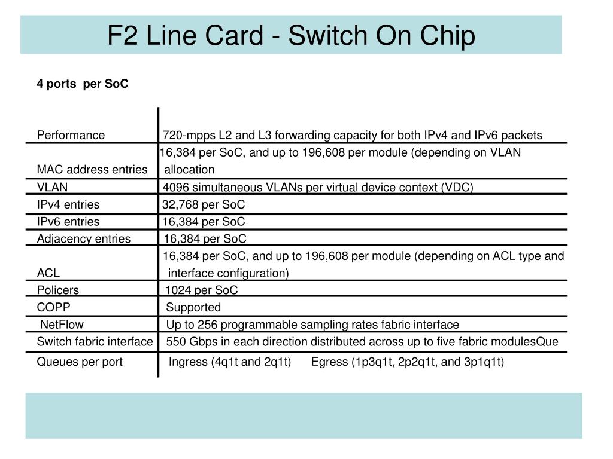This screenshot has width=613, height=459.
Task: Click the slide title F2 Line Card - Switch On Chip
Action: coord(291,35)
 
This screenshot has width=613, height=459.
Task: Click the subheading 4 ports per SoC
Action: coord(83,84)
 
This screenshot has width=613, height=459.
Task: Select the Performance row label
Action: coord(71,135)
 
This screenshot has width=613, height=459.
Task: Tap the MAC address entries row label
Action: coord(92,170)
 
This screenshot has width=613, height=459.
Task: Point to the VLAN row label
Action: coord(53,187)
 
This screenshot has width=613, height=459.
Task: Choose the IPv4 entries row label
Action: coord(68,204)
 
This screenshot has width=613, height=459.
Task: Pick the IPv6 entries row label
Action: coord(68,222)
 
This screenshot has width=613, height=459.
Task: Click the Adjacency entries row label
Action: coord(84,239)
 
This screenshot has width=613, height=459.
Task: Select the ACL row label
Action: coord(48,273)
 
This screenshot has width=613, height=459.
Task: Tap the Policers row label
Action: coord(58,290)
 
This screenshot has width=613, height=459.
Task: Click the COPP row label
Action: coord(54,307)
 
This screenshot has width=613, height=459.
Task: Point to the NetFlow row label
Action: coord(62,325)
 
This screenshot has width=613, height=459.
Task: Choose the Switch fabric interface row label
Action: coord(95,342)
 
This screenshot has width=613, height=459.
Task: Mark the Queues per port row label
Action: coord(80,362)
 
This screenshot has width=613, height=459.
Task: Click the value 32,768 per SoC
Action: coord(204,204)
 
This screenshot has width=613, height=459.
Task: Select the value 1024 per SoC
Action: coord(202,290)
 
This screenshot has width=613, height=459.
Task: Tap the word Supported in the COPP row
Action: coord(193,307)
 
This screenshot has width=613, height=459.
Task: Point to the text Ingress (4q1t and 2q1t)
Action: coord(230,362)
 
